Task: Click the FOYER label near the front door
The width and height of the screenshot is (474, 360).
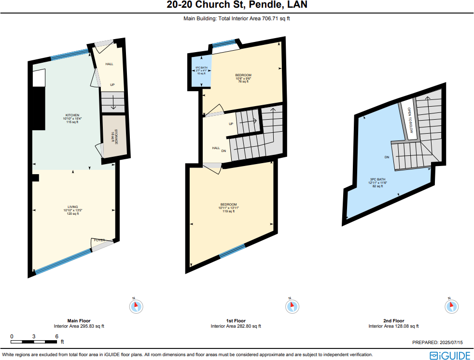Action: click(x=99, y=240)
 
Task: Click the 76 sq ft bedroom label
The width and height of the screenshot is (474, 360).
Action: click(x=243, y=78)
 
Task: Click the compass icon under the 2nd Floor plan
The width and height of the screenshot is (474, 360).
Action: click(x=451, y=306)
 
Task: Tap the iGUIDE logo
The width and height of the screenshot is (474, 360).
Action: click(x=450, y=356)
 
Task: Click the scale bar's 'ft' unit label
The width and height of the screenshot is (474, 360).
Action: click(x=62, y=342)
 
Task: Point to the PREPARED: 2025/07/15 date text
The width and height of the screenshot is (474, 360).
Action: click(x=437, y=342)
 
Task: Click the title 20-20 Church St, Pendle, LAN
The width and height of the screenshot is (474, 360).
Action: click(x=237, y=6)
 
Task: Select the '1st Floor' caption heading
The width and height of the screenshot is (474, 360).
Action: click(x=236, y=321)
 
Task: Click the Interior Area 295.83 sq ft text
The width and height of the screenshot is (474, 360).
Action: click(x=79, y=326)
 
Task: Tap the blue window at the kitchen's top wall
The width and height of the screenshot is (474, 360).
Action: click(x=70, y=55)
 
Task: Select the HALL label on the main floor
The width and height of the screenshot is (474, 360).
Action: click(x=109, y=64)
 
